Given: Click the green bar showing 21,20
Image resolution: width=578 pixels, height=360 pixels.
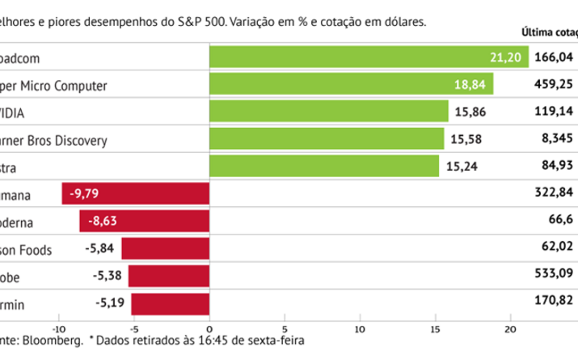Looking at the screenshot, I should click(x=368, y=57).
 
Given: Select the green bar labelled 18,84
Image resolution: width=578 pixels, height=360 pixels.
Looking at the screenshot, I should click(x=351, y=84).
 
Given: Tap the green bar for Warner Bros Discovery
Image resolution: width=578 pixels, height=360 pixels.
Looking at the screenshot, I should click(x=326, y=139).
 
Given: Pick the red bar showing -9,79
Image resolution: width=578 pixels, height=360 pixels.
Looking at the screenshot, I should click(x=135, y=193).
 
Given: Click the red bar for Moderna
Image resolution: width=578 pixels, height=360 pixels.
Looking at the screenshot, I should click(x=144, y=221).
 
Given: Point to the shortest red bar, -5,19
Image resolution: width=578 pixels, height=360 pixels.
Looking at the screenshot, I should click(x=170, y=304).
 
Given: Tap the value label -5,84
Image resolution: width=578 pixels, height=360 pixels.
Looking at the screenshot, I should click(x=102, y=249).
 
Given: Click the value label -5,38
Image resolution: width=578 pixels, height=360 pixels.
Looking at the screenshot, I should click(x=109, y=277).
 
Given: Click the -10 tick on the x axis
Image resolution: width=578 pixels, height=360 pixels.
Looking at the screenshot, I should click(x=58, y=328).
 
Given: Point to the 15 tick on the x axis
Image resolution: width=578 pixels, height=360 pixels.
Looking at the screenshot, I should click(x=437, y=328).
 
